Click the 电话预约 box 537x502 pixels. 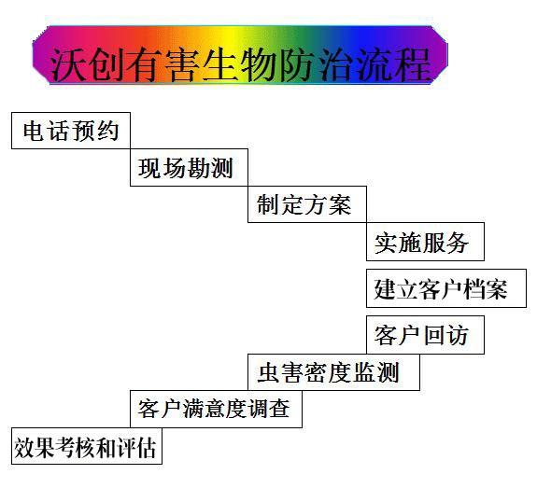(x=71, y=131)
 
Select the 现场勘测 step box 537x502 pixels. (x=189, y=167)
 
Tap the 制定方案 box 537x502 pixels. (x=307, y=204)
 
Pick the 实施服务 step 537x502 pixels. (x=425, y=242)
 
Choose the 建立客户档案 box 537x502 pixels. (x=446, y=288)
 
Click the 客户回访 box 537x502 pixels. (x=425, y=335)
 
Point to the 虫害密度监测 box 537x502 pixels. (x=334, y=372)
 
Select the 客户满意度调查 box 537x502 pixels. (x=216, y=409)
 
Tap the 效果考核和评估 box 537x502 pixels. (x=87, y=446)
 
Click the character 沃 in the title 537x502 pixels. (x=68, y=64)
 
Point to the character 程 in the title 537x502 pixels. (x=414, y=64)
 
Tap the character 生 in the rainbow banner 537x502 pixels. (x=222, y=64)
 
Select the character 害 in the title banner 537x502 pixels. (x=184, y=64)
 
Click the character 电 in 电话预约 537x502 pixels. (x=35, y=131)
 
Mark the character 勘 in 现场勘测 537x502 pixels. (x=198, y=168)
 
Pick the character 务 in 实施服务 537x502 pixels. (x=456, y=243)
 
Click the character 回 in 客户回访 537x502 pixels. (x=433, y=335)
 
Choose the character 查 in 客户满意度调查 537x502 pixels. (x=279, y=409)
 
